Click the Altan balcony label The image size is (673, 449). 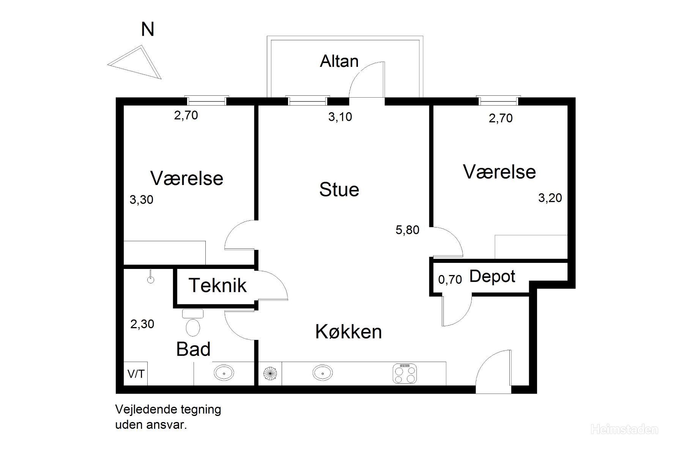(339, 61)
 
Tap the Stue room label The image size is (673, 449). (339, 189)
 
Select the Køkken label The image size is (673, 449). (348, 331)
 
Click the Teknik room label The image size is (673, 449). (218, 285)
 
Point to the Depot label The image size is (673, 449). (492, 277)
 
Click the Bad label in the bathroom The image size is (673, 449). (193, 349)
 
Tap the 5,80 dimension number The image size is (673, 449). (407, 230)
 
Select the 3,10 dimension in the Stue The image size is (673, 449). (340, 117)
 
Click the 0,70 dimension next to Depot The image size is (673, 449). (450, 280)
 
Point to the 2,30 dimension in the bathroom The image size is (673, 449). (142, 324)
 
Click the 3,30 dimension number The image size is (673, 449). (142, 199)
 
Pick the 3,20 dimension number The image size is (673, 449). (550, 198)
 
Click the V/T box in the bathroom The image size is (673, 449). (136, 374)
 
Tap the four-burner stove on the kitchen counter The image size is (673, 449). (405, 373)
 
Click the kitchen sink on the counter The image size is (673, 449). (323, 373)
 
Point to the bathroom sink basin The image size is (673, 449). (224, 373)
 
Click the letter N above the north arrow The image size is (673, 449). (148, 29)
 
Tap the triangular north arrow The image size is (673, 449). (139, 62)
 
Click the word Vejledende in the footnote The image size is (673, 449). (141, 409)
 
